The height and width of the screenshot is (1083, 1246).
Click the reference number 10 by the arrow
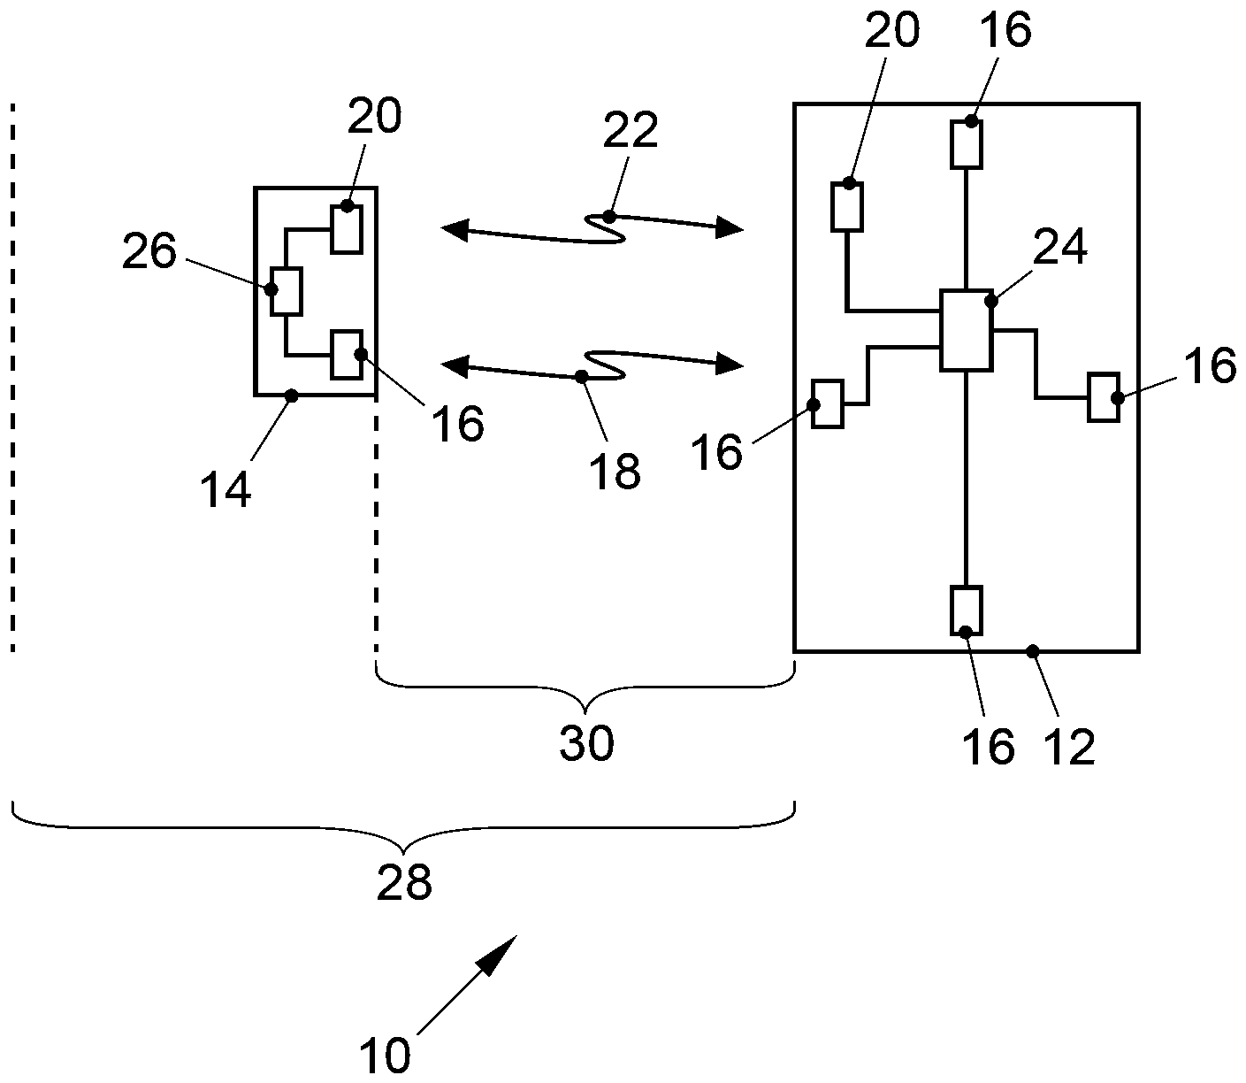click(x=386, y=1056)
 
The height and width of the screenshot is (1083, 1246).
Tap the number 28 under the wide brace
click(x=404, y=883)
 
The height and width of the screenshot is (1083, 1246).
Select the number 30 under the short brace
click(x=586, y=745)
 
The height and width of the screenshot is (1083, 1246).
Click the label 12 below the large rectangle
click(x=1070, y=748)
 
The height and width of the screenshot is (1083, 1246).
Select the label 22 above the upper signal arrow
click(x=631, y=131)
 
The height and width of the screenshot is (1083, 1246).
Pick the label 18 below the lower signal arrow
click(x=616, y=471)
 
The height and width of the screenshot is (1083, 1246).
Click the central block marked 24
click(x=965, y=329)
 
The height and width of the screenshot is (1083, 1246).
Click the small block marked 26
click(x=287, y=291)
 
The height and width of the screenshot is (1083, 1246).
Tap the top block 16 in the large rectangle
click(x=967, y=144)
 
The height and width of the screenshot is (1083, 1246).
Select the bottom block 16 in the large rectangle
click(x=966, y=611)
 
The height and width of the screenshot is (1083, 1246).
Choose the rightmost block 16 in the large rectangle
click(x=1105, y=398)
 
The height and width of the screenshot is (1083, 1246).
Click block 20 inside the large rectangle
click(x=847, y=207)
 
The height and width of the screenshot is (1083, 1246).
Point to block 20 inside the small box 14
click(x=347, y=228)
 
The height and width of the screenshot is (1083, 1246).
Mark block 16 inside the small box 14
click(x=347, y=354)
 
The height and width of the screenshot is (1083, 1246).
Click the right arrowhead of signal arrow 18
click(x=730, y=363)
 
